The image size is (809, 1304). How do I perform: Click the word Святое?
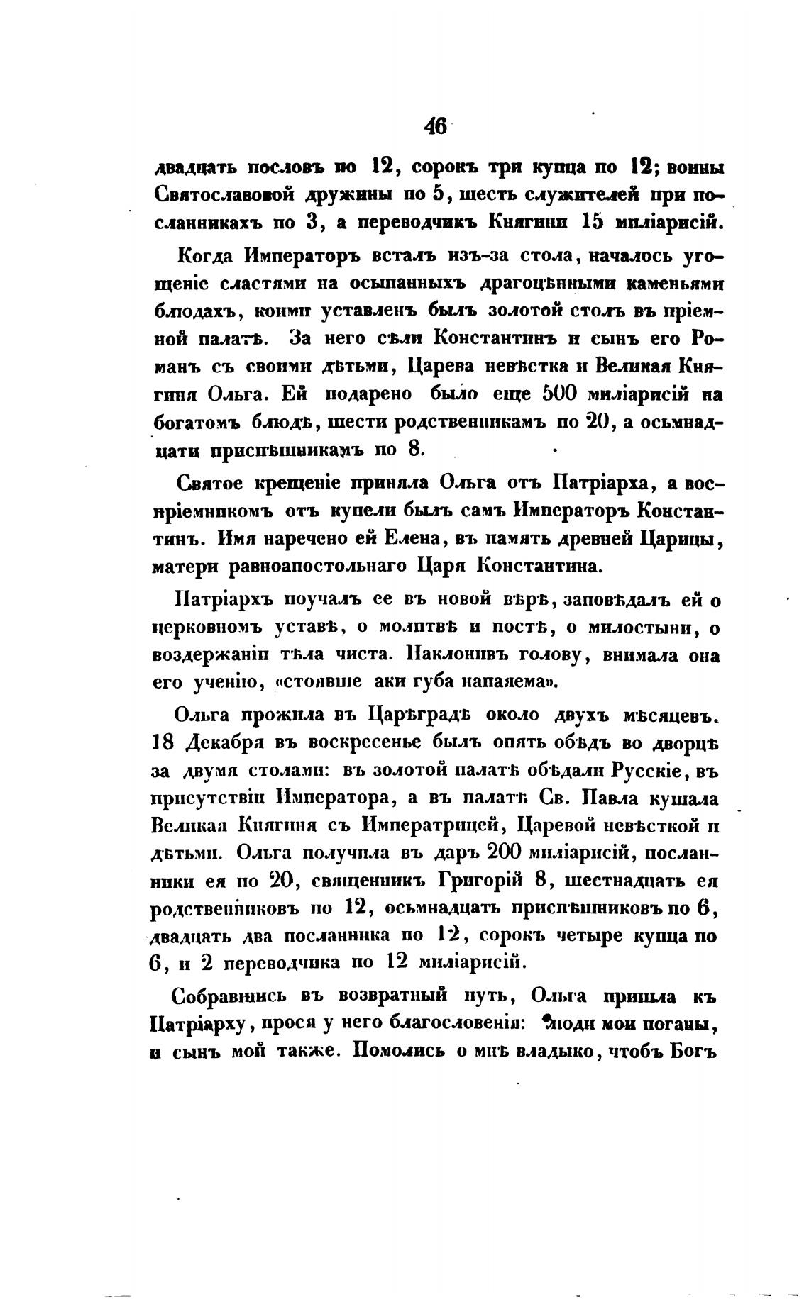[211, 484]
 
